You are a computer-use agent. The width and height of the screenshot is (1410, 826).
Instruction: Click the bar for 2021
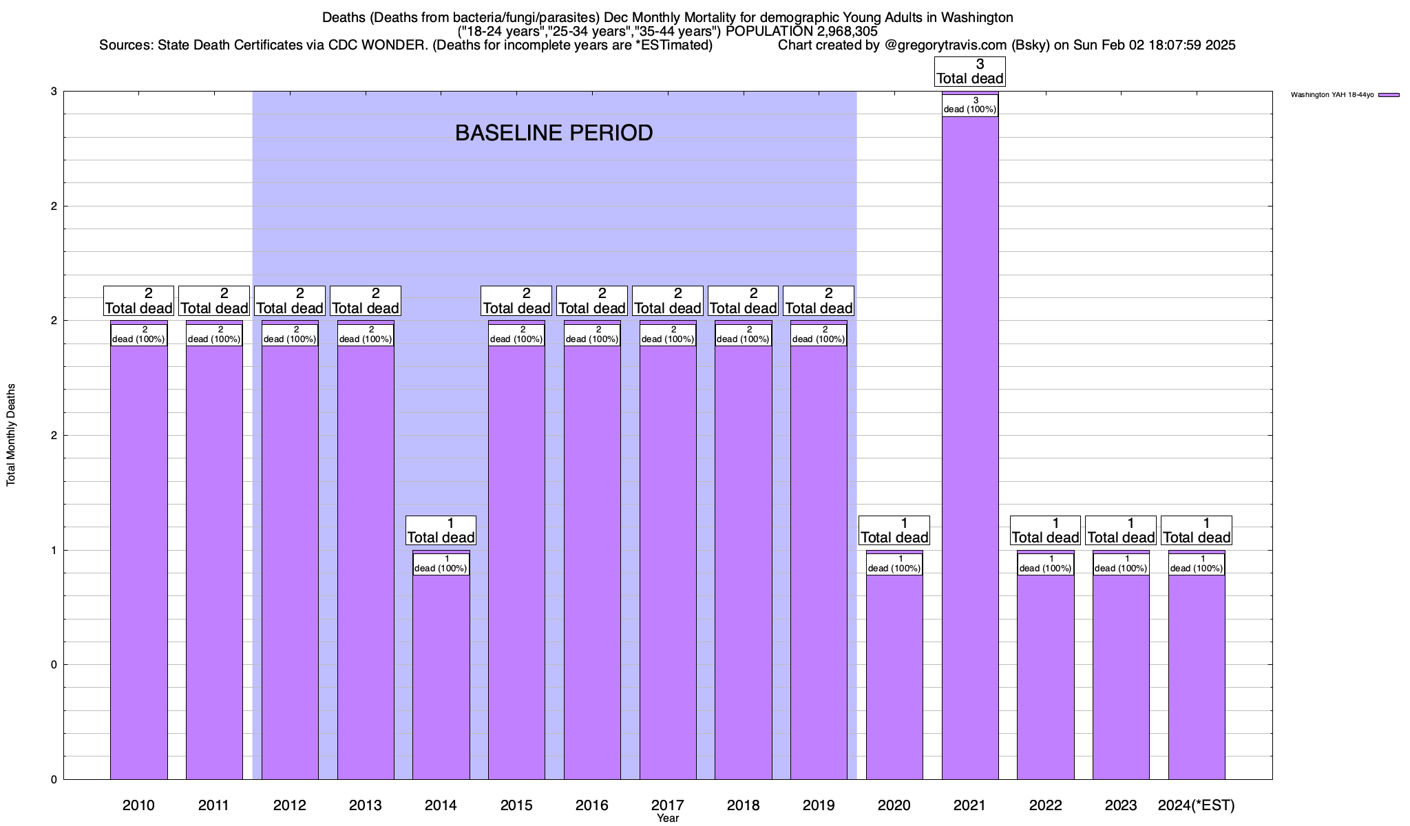tap(969, 447)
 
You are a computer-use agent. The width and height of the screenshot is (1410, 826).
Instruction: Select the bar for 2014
tap(441, 675)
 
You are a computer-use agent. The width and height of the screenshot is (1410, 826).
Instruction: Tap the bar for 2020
tap(894, 675)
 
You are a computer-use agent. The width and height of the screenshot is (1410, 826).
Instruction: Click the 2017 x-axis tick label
tap(667, 805)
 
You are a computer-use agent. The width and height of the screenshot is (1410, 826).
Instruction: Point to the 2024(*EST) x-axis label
tap(1197, 805)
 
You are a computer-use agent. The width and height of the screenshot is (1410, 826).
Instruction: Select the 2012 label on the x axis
tap(289, 805)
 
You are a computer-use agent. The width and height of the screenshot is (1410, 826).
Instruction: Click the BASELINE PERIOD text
tap(554, 133)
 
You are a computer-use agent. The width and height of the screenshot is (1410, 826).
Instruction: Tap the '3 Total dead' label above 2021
tap(969, 72)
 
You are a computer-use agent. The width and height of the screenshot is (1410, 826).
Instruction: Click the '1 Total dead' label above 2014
tap(441, 531)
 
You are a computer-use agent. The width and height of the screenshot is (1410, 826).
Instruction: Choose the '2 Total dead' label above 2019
tap(819, 301)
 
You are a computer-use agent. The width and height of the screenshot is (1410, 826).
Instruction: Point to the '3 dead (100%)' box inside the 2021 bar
tap(969, 105)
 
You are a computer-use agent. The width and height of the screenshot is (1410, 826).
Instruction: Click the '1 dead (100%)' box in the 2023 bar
tap(1121, 564)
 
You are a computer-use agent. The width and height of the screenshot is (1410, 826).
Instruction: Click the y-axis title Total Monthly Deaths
tap(11, 435)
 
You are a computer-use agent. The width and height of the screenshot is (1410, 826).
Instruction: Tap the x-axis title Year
tap(667, 818)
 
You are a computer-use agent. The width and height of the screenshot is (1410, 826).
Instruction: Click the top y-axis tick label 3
tap(54, 92)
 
